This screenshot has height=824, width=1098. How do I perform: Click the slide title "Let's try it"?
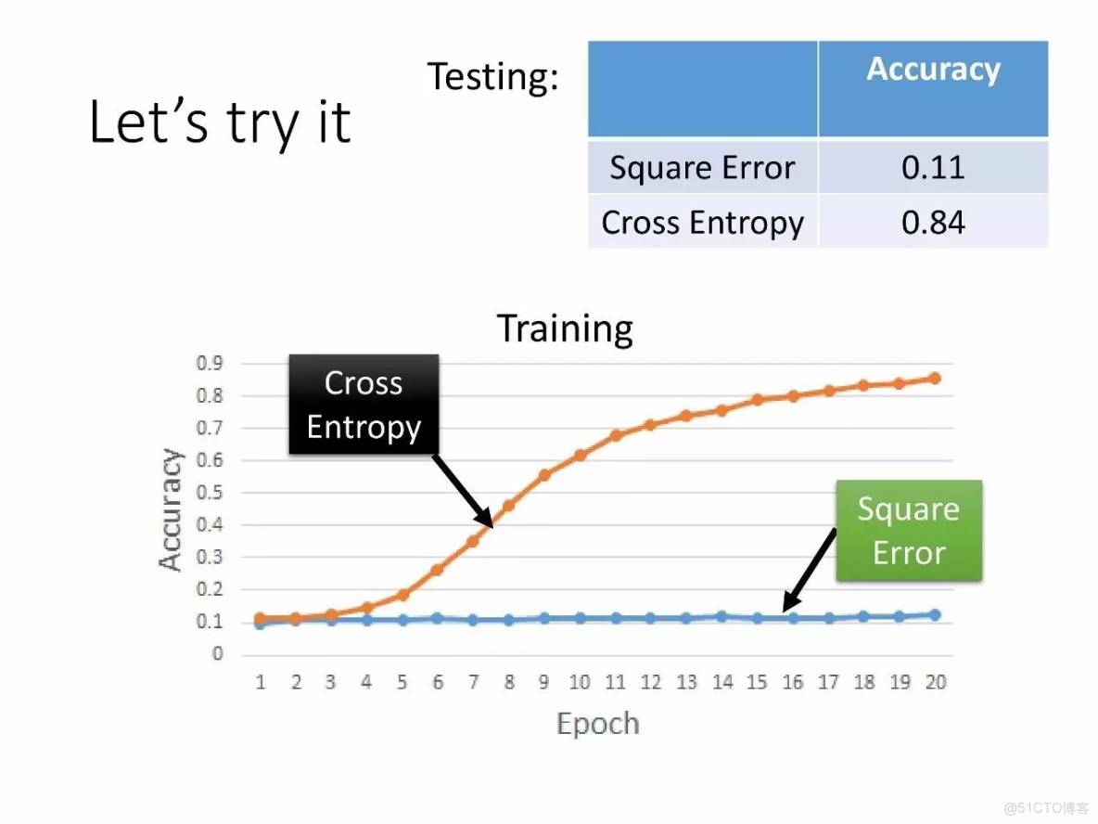[x=220, y=122]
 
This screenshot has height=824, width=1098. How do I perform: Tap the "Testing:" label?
[x=493, y=76]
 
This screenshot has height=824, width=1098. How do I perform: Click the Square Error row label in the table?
[x=702, y=168]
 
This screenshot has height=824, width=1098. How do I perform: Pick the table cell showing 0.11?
[x=933, y=167]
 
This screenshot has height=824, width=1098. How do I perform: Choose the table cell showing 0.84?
[x=933, y=222]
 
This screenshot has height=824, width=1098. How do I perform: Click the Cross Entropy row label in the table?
[x=702, y=223]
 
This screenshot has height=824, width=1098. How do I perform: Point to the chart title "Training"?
[x=565, y=328]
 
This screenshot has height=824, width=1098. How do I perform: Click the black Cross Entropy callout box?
[x=364, y=405]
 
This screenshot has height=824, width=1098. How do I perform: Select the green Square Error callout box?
[x=909, y=531]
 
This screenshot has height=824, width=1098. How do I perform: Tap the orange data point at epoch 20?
[x=934, y=379]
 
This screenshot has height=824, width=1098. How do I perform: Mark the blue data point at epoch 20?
[x=934, y=614]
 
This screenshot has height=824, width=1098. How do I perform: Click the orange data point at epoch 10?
[x=580, y=456]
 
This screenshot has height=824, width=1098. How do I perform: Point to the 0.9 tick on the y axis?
[x=210, y=363]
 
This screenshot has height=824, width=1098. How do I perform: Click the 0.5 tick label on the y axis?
[x=210, y=492]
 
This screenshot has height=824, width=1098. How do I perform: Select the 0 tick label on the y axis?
[x=217, y=654]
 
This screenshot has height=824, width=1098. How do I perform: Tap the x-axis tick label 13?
[x=686, y=682]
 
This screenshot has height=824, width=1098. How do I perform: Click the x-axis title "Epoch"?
[x=598, y=724]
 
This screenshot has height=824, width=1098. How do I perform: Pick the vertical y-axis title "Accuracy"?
[x=170, y=509]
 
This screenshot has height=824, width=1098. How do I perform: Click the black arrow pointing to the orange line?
[x=463, y=491]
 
